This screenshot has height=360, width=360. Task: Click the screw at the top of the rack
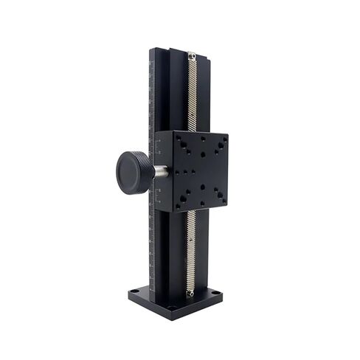(192, 55)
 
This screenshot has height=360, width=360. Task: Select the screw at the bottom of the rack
(191, 293)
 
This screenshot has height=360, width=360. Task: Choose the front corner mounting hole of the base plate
(171, 307)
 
